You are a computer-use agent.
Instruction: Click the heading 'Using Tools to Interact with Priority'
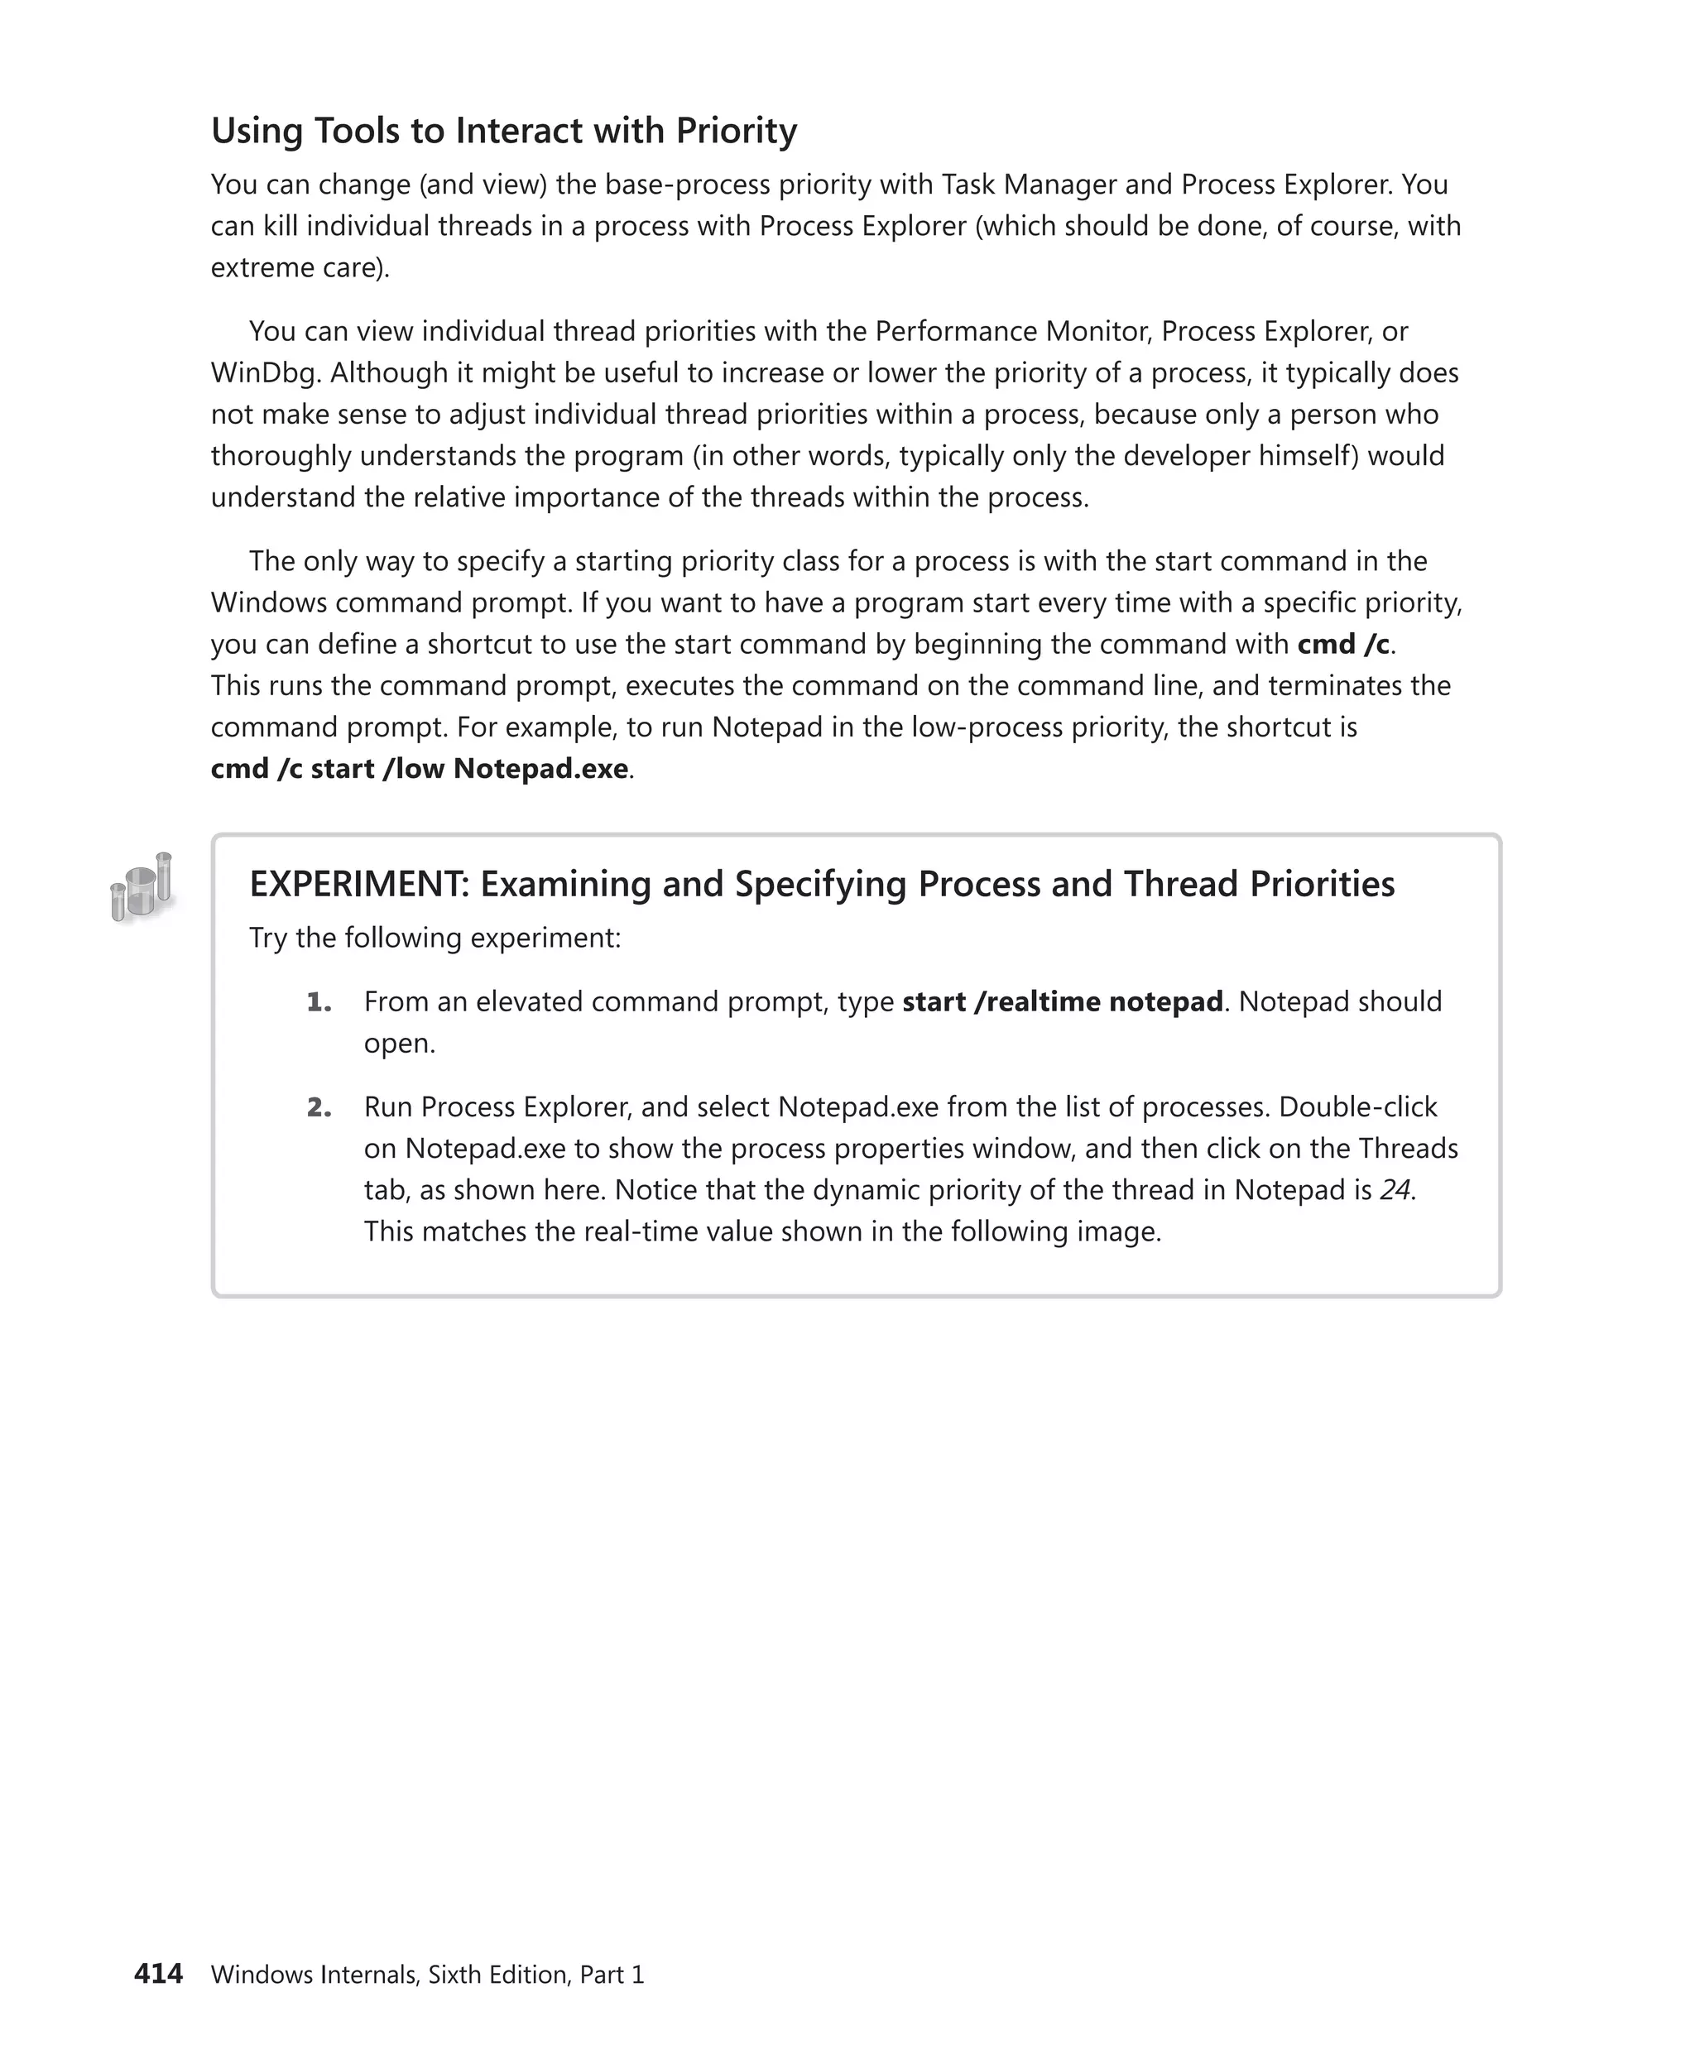[504, 131]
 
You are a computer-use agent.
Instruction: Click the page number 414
[158, 1973]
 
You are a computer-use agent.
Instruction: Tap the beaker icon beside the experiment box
[142, 886]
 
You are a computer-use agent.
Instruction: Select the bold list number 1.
[319, 1001]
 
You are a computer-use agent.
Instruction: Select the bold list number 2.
[319, 1107]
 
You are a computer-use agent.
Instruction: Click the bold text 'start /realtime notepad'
[1063, 1001]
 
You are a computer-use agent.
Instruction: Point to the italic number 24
[1395, 1189]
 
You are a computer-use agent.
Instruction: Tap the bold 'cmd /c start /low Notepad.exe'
[420, 769]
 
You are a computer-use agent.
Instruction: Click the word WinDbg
[262, 373]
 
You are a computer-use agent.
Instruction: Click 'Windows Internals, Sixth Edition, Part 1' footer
[428, 1975]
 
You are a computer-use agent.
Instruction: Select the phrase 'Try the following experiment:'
[435, 938]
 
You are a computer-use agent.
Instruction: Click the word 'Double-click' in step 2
[1357, 1107]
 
